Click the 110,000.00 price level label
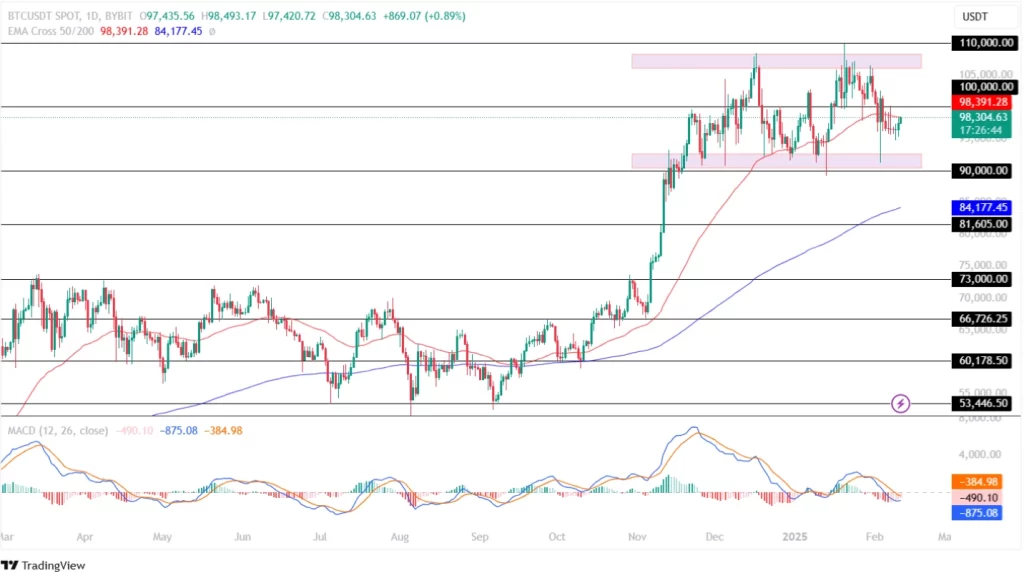tap(982, 44)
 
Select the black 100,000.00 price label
tap(982, 87)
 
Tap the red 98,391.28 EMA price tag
tap(982, 102)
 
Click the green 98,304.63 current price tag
tap(982, 117)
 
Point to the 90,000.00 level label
tap(982, 171)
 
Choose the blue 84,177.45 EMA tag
tap(982, 208)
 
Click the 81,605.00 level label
tap(982, 225)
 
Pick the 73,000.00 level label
tap(982, 280)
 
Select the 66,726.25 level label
tap(982, 319)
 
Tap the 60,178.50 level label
tap(982, 361)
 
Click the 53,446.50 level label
tap(982, 404)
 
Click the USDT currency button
tap(975, 17)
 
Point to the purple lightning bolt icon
tap(901, 404)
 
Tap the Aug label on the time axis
tap(400, 537)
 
